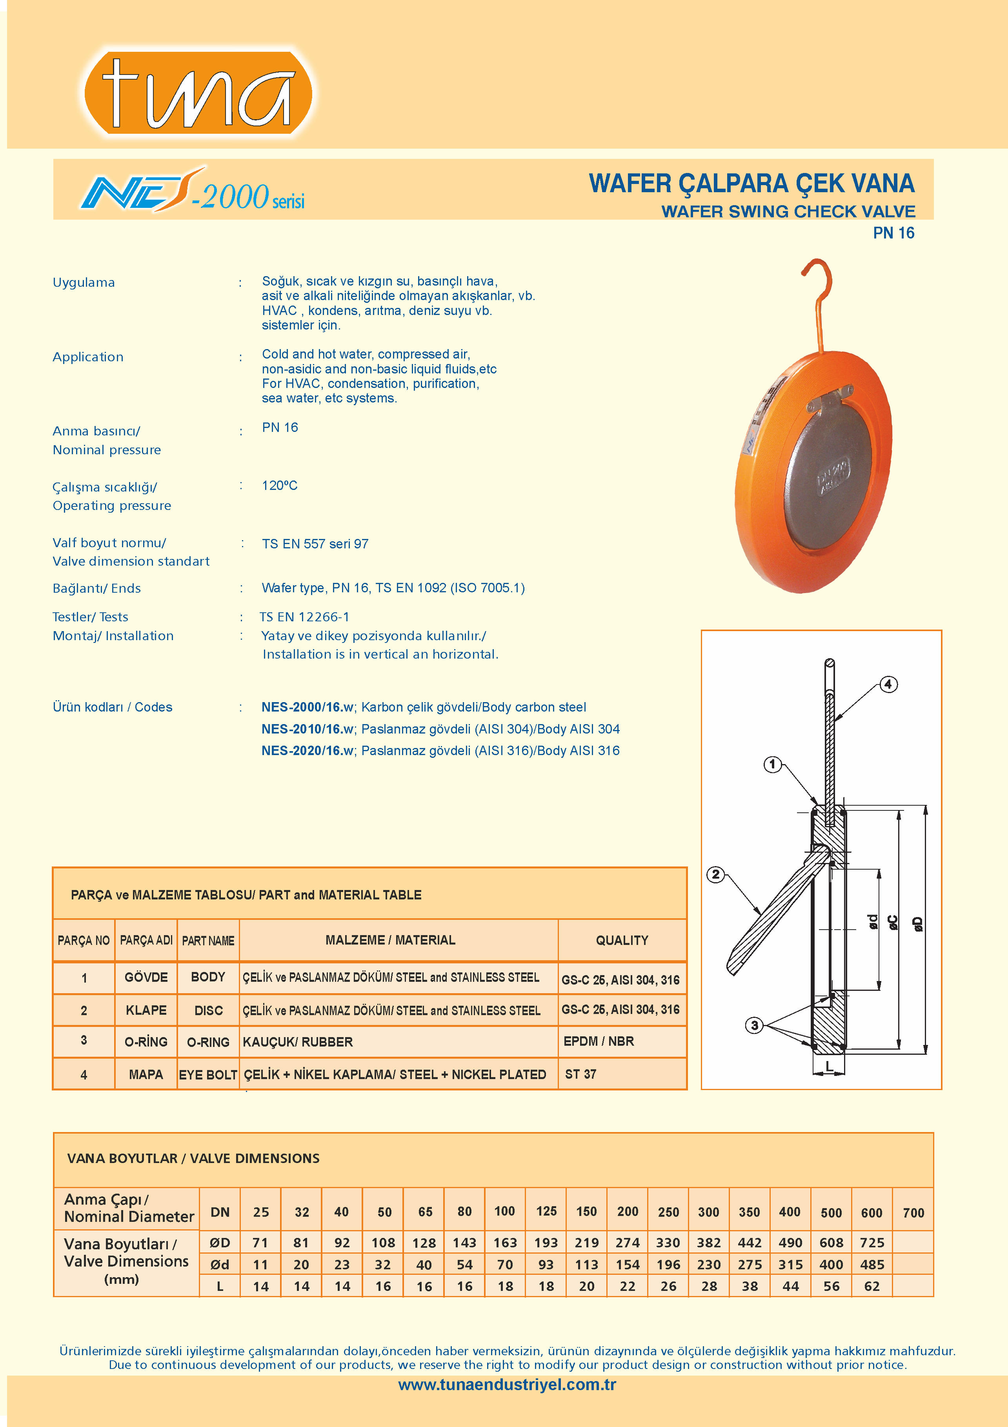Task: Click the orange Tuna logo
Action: tap(198, 93)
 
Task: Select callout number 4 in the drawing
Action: tap(888, 684)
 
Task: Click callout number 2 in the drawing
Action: tap(716, 874)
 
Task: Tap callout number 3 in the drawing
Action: tap(755, 1025)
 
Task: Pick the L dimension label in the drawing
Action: tap(829, 1067)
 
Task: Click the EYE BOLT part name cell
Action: tap(208, 1075)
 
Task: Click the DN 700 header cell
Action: tap(913, 1212)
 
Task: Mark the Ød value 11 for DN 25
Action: tap(260, 1265)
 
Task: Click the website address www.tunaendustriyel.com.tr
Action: tap(507, 1384)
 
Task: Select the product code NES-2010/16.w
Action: tap(307, 729)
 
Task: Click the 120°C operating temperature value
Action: tap(280, 485)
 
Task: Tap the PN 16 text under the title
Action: tap(893, 233)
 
